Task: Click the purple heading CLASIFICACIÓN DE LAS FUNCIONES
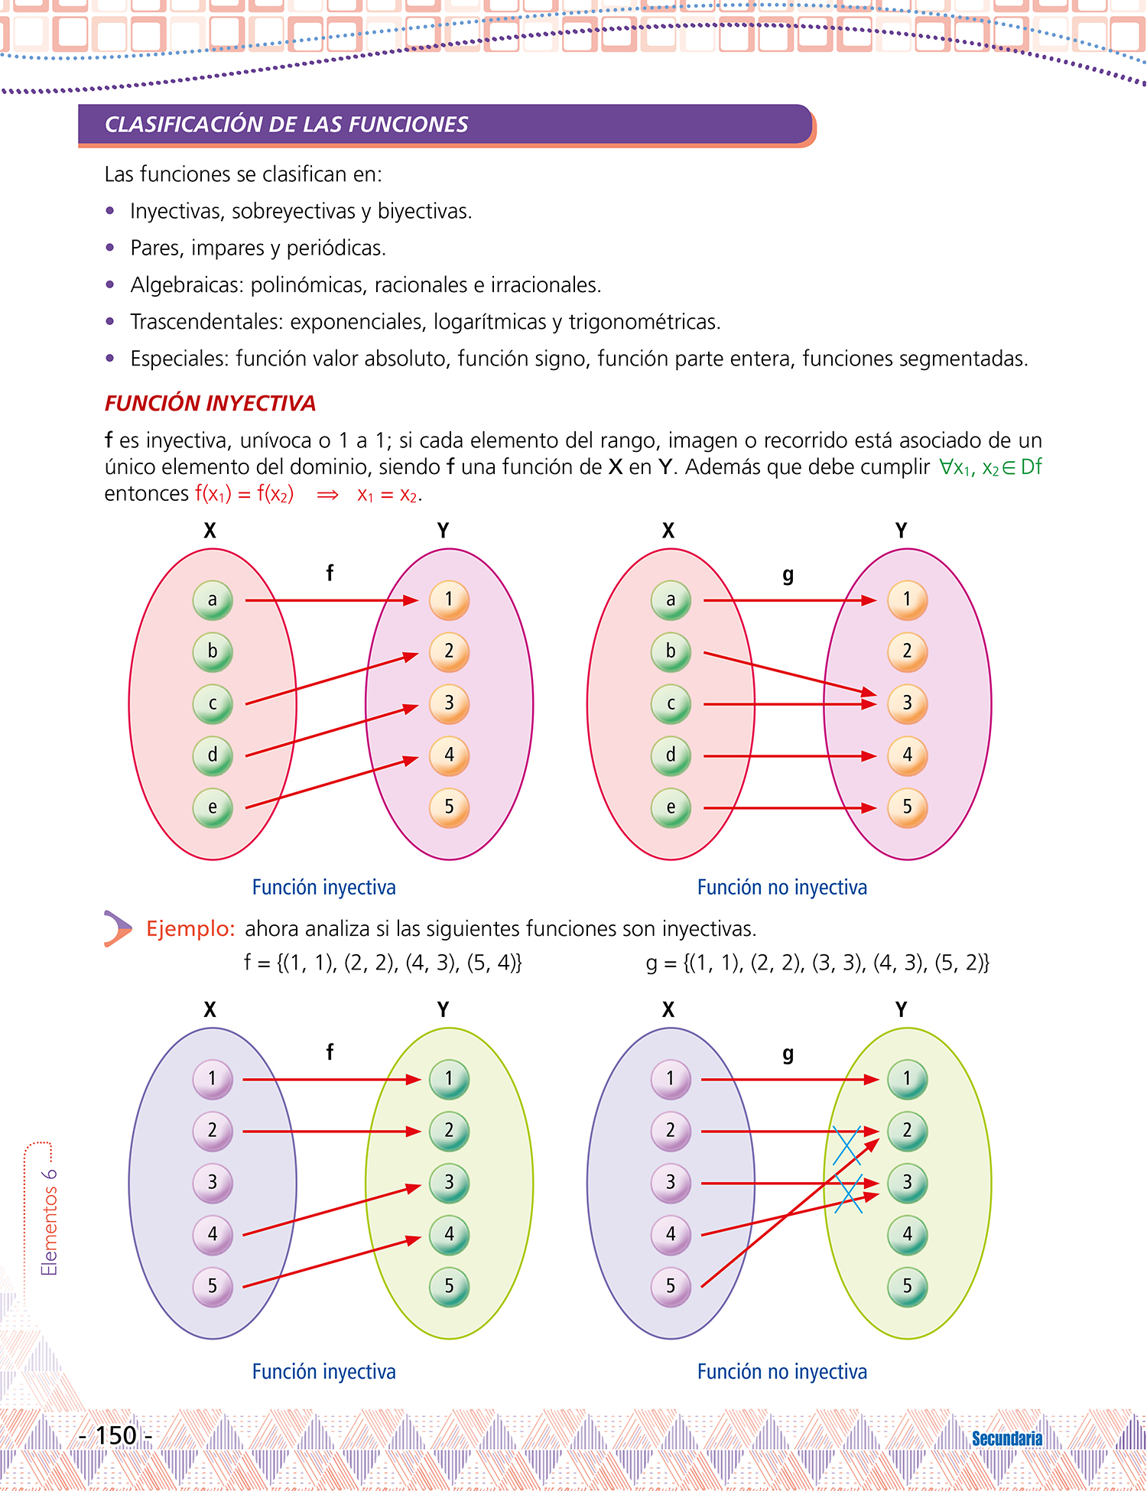[286, 125]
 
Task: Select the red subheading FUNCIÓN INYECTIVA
[210, 403]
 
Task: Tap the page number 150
[116, 1435]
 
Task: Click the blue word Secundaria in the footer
[1006, 1438]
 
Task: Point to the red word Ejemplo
[190, 928]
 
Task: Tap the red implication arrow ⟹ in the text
[327, 495]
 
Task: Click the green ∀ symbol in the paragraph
[945, 466]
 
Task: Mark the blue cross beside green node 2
[846, 1145]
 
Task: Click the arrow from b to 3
[788, 674]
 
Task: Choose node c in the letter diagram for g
[671, 703]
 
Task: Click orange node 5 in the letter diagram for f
[449, 807]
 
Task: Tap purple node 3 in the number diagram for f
[213, 1183]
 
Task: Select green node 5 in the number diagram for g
[907, 1286]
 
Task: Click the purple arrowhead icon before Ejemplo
[118, 928]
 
